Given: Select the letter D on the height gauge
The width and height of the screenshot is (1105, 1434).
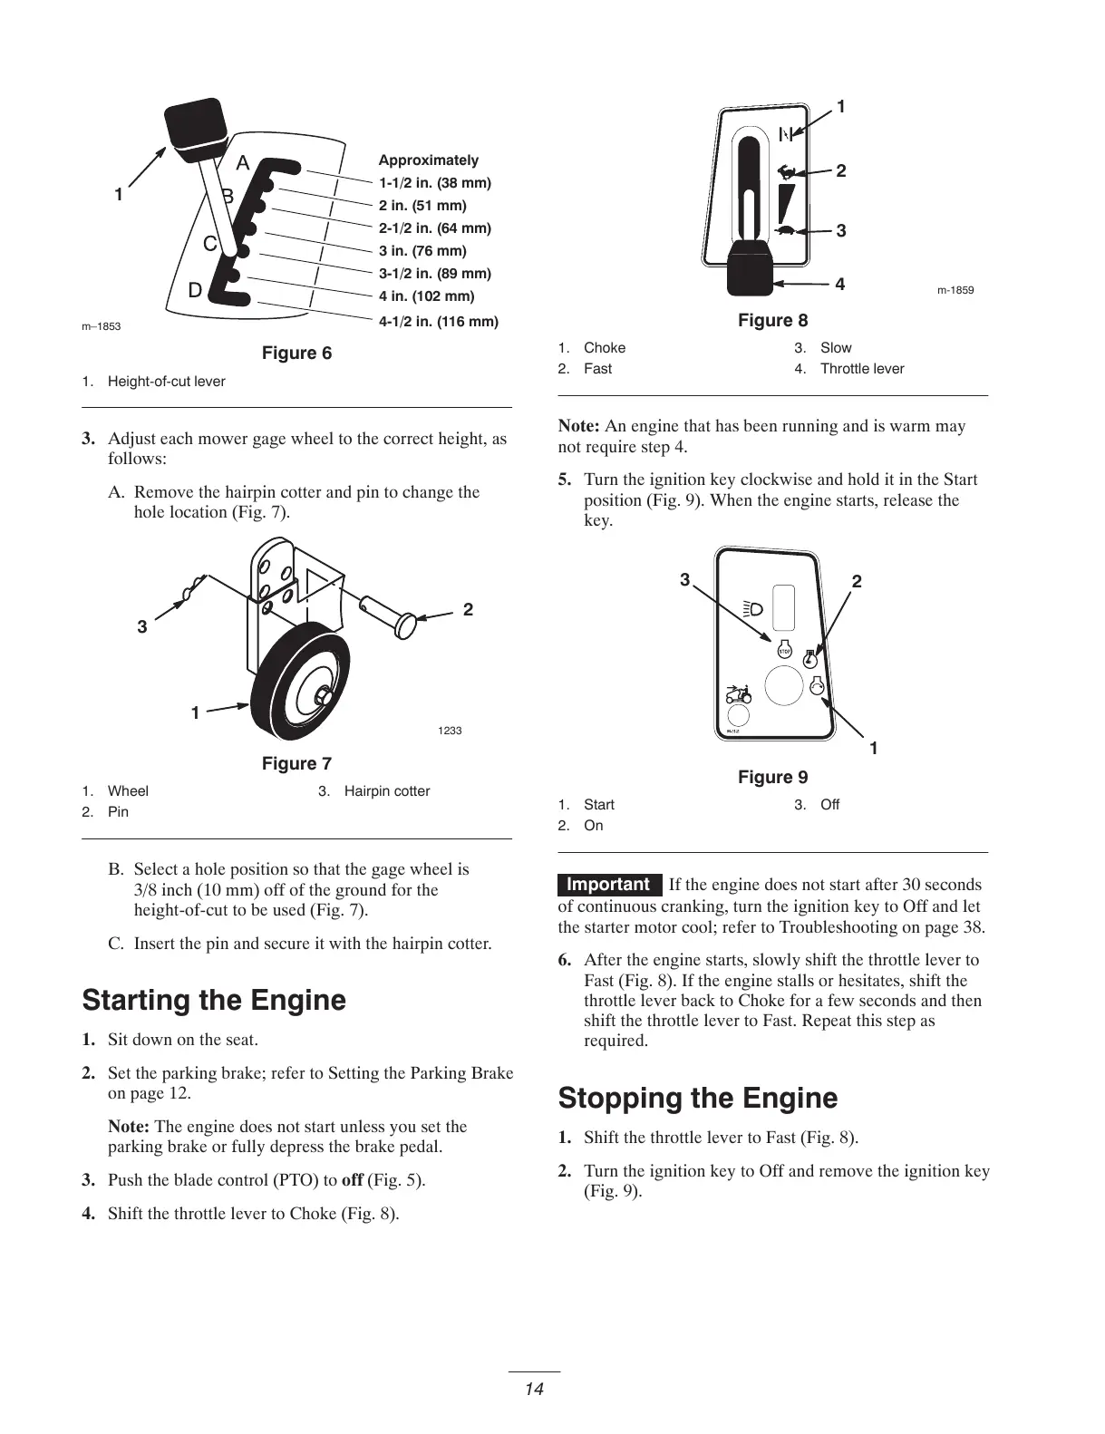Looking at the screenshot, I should point(195,291).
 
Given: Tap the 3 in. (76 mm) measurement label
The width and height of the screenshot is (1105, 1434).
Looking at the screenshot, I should point(422,251).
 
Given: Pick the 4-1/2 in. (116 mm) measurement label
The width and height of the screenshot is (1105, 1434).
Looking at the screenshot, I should point(439,321).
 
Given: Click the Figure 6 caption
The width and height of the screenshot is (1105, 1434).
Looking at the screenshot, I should point(296,354).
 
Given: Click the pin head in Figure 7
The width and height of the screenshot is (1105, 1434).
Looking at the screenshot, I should point(405,624).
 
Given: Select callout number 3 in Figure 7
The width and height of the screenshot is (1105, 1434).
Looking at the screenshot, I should point(142,626).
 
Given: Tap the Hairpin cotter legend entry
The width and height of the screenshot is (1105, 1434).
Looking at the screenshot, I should point(387,791).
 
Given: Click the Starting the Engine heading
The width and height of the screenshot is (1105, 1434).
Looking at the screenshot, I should point(214,1001).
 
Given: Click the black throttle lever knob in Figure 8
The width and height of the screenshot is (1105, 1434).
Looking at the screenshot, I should point(751,267).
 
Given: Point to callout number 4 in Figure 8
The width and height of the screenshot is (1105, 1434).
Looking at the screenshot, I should point(840,285).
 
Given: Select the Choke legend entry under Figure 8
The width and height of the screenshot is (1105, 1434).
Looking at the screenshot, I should point(605,348).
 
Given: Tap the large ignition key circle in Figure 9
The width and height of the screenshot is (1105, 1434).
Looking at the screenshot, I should point(784,686).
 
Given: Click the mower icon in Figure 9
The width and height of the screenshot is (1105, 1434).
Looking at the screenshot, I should point(738,696).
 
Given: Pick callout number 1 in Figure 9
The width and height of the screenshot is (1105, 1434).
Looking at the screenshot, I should point(874,749).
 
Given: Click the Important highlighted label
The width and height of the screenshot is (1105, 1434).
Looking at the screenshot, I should point(609,885).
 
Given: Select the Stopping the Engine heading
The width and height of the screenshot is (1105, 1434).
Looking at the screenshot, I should point(698,1099).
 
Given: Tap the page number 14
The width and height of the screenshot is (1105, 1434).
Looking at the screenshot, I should point(534,1389).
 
